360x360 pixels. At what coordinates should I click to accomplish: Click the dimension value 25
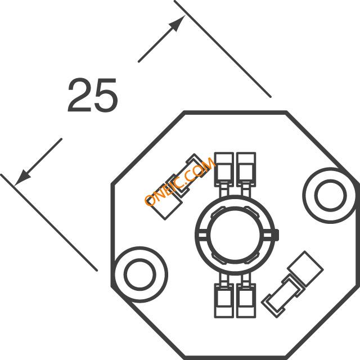[x=93, y=95]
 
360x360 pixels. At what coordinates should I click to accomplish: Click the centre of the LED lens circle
[x=235, y=235]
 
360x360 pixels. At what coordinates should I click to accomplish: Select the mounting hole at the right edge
[x=330, y=195]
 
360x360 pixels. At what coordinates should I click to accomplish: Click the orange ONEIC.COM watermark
[x=180, y=181]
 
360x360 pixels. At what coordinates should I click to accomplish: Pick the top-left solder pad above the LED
[x=224, y=169]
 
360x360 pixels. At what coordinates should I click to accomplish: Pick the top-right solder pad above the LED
[x=246, y=169]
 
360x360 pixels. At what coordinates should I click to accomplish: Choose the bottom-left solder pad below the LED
[x=224, y=300]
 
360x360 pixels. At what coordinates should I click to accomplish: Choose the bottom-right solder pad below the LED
[x=246, y=300]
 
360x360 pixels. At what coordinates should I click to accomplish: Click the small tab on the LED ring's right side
[x=276, y=234]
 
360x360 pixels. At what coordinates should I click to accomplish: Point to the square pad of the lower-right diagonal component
[x=305, y=269]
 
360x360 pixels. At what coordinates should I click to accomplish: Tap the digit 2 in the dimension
[x=79, y=95]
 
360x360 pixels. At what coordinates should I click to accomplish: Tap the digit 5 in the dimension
[x=106, y=96]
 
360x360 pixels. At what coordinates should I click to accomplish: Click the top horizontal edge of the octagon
[x=236, y=112]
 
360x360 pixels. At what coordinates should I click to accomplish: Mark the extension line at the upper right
[x=223, y=49]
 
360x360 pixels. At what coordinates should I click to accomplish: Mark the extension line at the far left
[x=49, y=223]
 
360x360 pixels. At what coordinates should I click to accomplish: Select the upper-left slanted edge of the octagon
[x=148, y=148]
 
